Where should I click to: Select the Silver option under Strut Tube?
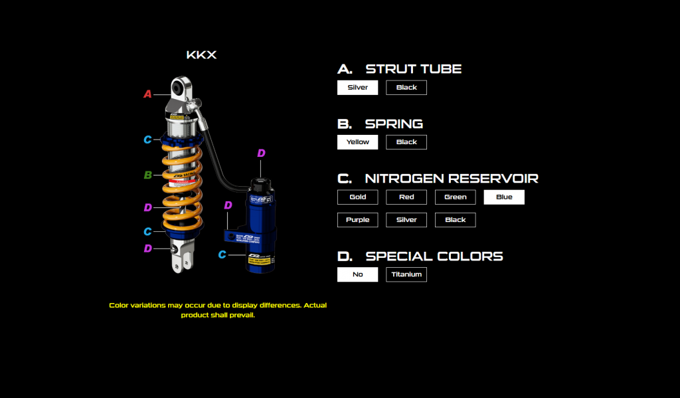tap(357, 88)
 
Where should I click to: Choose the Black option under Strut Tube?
tap(406, 88)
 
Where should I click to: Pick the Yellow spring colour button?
tap(357, 142)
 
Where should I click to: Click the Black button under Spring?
tap(406, 142)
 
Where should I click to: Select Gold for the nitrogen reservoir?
tap(357, 197)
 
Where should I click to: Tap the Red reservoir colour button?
tap(406, 197)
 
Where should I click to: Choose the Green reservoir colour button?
tap(455, 197)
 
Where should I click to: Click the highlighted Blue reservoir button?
tap(504, 197)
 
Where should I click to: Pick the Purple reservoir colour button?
tap(357, 220)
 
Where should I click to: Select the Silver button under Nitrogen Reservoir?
tap(406, 220)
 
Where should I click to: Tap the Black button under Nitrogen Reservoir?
tap(455, 220)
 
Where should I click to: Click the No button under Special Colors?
tap(357, 274)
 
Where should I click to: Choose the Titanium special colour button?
tap(406, 274)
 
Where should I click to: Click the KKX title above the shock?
tap(201, 55)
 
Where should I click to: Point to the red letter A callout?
tap(147, 94)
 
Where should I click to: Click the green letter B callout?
tap(148, 175)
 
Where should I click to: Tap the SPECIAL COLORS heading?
tap(434, 256)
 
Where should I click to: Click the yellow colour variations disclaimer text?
tap(218, 310)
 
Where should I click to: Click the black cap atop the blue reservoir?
tap(260, 182)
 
